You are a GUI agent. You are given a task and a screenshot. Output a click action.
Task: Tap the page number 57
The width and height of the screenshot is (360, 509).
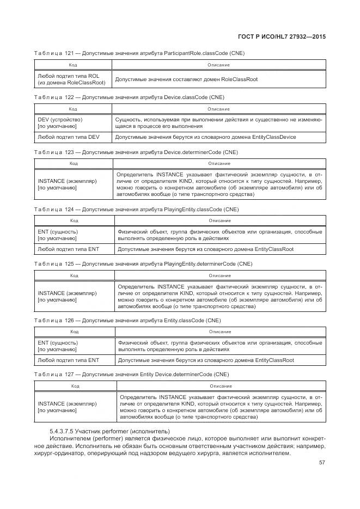tap(322, 463)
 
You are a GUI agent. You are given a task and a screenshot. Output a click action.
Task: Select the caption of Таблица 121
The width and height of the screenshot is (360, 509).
tap(139, 53)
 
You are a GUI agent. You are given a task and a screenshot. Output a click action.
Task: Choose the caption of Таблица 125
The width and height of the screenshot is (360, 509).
tap(143, 263)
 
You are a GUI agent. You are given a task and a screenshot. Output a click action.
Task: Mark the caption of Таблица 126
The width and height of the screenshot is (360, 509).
tap(127, 321)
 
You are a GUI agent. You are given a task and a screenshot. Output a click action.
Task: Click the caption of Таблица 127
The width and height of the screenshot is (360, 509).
tap(131, 375)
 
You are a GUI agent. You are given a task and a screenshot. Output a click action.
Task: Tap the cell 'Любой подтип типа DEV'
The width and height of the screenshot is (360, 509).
tap(69, 137)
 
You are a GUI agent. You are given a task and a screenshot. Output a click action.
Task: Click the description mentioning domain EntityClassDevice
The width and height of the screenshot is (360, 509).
tap(206, 137)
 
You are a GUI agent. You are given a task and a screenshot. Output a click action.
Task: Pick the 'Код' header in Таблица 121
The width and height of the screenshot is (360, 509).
tap(72, 65)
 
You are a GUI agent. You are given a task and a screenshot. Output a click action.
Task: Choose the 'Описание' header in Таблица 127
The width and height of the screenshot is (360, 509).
tap(220, 386)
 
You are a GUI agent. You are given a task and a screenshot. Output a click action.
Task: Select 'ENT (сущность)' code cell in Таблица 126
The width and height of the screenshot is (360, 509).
tap(58, 346)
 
